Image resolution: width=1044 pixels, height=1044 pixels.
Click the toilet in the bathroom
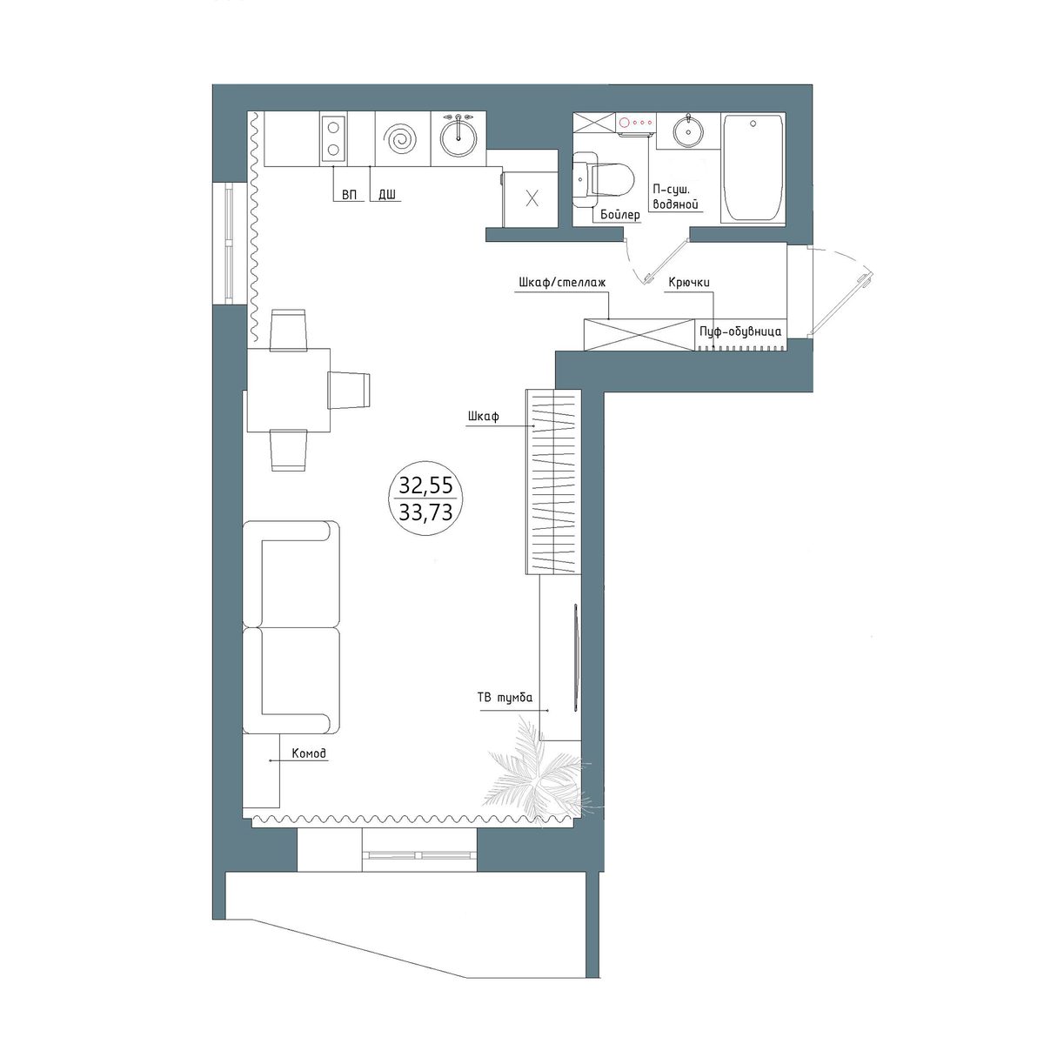point(604,180)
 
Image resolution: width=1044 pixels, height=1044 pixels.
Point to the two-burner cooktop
point(333,138)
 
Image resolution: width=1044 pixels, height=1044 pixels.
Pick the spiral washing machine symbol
point(401,138)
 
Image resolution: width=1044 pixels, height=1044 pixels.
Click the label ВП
point(350,195)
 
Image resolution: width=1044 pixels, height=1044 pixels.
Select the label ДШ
point(387,195)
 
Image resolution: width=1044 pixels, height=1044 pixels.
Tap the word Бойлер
point(619,215)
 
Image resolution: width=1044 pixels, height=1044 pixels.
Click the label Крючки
point(688,282)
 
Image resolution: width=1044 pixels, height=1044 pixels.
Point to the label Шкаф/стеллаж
point(562,282)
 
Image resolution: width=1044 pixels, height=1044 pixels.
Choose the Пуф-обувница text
point(740,331)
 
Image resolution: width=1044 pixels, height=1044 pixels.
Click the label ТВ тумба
point(505,698)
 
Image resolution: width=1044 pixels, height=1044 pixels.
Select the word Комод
point(309,753)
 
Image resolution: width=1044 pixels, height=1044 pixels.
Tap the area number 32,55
point(425,485)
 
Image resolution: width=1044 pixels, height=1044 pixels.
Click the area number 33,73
point(425,512)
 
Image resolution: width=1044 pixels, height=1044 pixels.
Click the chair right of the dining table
point(349,390)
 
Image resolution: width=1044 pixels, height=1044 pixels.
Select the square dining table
point(289,390)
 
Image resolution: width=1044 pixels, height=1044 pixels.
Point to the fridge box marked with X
point(531,199)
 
